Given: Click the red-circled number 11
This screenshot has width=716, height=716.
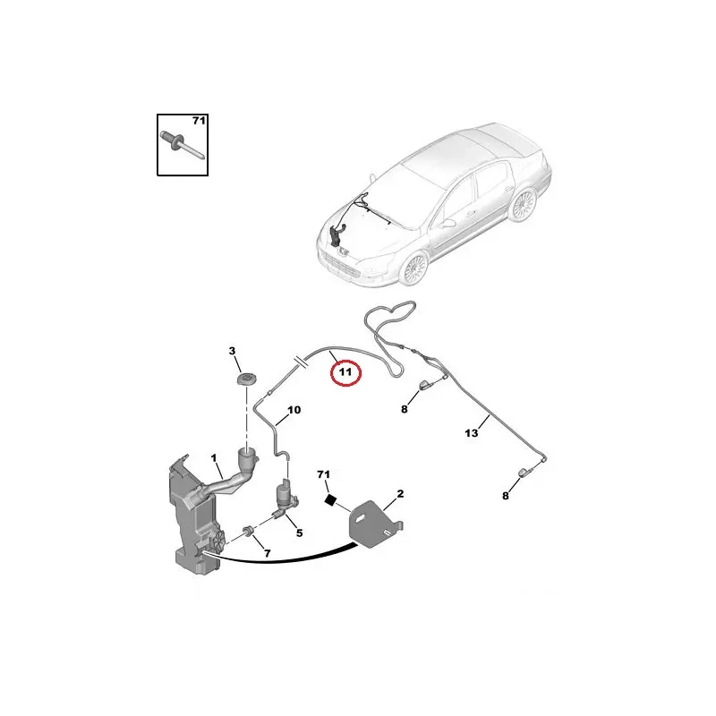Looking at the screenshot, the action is click(x=345, y=371).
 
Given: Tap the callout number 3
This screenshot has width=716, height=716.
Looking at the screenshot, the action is click(x=232, y=351).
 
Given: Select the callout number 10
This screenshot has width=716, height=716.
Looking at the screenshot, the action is click(x=294, y=410).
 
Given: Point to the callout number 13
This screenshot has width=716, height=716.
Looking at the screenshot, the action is click(x=472, y=432).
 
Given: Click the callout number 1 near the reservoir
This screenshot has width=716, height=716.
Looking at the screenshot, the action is click(x=213, y=457).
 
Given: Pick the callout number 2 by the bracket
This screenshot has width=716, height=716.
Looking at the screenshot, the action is click(x=400, y=494).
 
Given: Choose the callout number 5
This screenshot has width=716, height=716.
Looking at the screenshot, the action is click(x=299, y=533).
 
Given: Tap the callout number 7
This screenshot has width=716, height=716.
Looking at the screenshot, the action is click(x=268, y=553).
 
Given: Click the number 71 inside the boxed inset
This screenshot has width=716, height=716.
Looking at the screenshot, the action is click(x=199, y=121).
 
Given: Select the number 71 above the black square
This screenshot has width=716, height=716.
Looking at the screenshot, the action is click(x=323, y=475).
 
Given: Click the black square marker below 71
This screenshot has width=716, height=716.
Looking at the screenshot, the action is click(x=329, y=499).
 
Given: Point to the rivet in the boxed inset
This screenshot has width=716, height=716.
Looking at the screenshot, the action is click(x=183, y=146).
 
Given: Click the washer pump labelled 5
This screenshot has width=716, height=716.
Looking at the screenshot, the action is click(x=286, y=499).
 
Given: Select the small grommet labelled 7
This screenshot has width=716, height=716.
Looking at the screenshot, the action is click(x=250, y=532).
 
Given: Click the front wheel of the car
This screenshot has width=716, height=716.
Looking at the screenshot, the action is click(x=414, y=269).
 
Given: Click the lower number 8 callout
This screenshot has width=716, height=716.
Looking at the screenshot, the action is click(x=505, y=496).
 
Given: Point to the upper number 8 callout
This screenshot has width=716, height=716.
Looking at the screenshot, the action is click(x=405, y=409).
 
